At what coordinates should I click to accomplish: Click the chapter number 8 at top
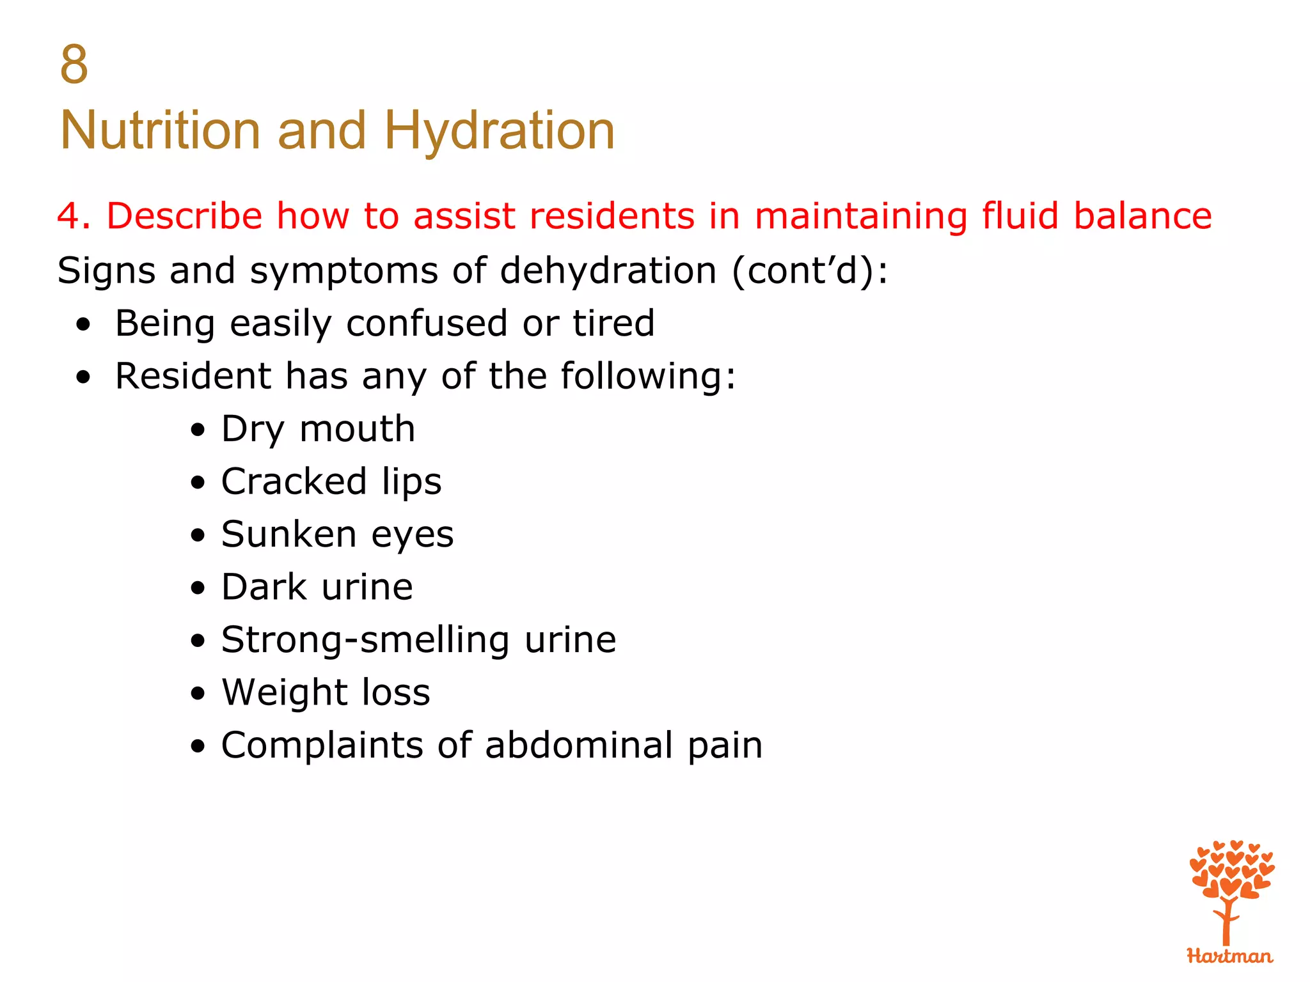74,65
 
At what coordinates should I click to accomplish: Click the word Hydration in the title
499,130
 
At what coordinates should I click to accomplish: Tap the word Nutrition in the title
160,130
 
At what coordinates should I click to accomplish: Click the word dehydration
608,270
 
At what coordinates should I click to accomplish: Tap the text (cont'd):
810,270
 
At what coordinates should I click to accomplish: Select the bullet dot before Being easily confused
83,325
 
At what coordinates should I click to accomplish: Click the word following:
648,376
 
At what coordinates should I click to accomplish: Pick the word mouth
357,429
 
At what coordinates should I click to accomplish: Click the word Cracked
294,481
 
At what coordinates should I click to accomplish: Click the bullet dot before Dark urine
198,589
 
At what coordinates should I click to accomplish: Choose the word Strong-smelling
365,640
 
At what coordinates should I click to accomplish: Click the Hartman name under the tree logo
1229,956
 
